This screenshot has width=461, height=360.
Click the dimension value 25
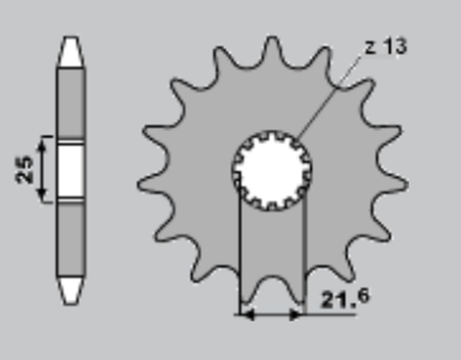point(27,169)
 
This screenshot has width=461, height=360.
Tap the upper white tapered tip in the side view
point(71,53)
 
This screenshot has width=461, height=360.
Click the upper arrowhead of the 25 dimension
point(42,143)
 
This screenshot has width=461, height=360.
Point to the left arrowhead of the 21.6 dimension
point(245,313)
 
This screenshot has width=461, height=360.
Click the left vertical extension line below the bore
point(238,250)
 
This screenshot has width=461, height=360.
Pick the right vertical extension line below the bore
point(304,250)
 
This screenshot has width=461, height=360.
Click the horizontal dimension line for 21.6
point(272,313)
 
